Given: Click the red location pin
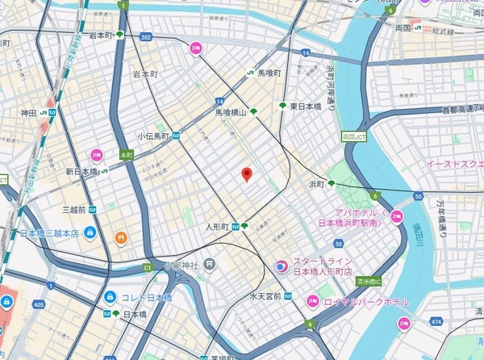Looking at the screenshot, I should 247,174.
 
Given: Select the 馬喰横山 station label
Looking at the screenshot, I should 230,116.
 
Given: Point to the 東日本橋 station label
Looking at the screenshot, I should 305,106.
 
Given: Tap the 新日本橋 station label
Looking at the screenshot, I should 81,171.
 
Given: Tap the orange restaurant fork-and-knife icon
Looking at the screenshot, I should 120,237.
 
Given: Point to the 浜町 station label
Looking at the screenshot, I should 315,185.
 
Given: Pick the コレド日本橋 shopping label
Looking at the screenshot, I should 148,297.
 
